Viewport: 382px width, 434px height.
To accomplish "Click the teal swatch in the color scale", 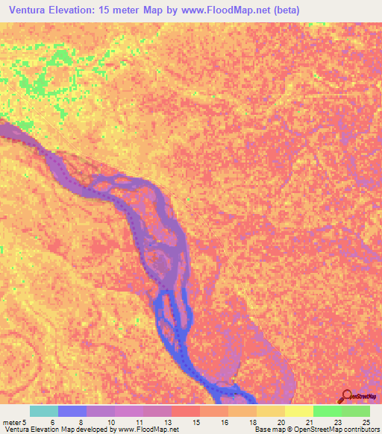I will click(43, 411).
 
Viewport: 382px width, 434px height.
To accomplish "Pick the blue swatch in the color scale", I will click(72, 411).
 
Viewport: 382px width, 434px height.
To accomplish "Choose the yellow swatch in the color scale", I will click(298, 411).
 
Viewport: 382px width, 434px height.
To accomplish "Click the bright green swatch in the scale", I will click(327, 411).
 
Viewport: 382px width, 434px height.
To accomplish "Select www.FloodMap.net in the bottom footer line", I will click(149, 430).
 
